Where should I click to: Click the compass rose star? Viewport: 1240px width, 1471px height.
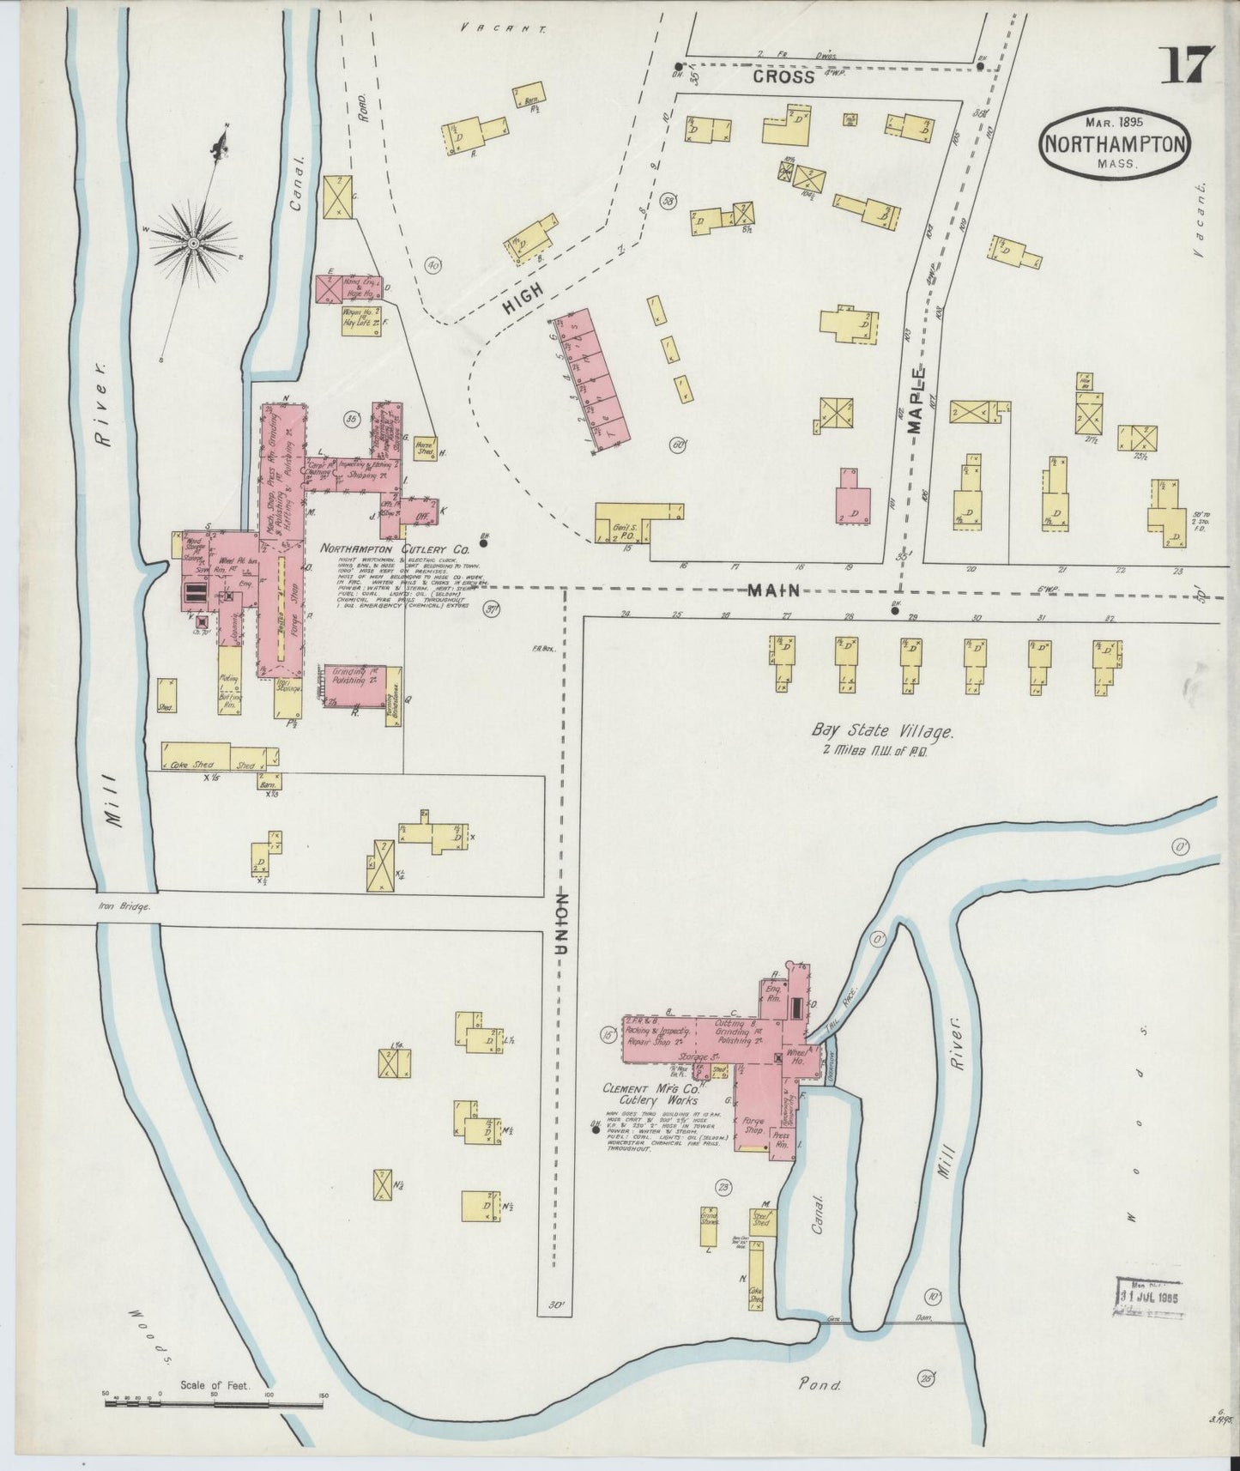click(194, 243)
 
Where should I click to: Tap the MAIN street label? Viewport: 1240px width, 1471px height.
click(774, 590)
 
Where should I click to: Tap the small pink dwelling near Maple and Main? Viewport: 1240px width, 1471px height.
click(852, 498)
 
